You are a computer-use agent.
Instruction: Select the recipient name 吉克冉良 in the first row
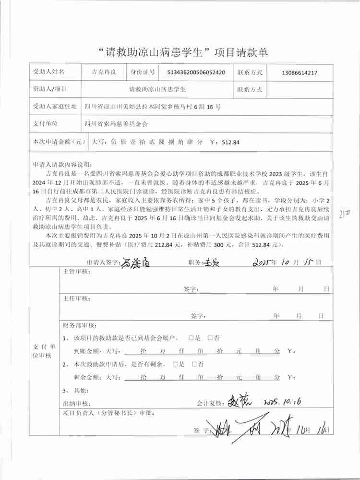click(x=104, y=73)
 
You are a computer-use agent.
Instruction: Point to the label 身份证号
click(x=143, y=73)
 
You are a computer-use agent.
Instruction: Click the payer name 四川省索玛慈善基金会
click(x=116, y=124)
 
